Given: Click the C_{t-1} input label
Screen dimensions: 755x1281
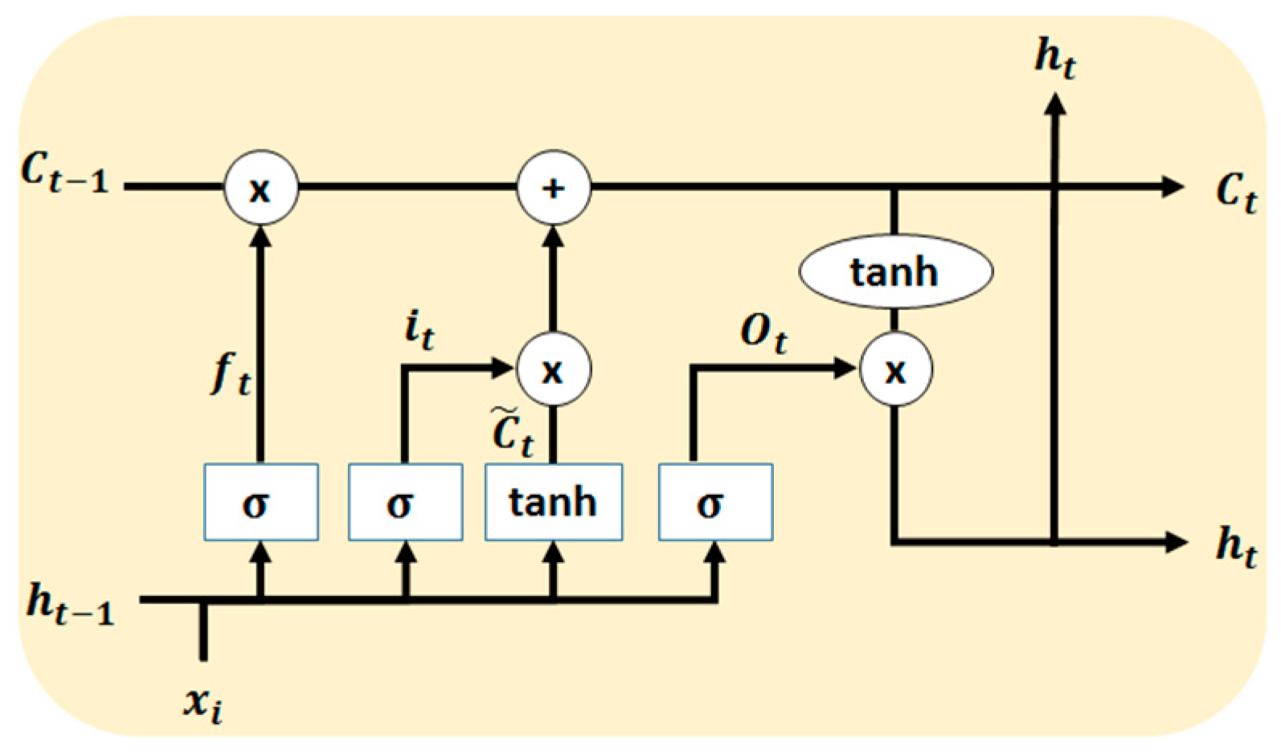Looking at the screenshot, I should (x=64, y=173).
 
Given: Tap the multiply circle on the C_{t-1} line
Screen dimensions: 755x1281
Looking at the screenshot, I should (x=260, y=189).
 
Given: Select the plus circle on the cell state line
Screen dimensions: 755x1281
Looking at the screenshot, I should (x=553, y=189).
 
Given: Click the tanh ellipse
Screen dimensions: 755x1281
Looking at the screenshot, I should (x=895, y=271).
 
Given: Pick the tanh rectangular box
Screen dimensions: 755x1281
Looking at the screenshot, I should (x=553, y=502).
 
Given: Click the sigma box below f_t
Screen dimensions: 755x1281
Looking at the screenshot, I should (x=260, y=502).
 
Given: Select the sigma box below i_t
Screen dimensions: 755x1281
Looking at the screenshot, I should (x=405, y=502).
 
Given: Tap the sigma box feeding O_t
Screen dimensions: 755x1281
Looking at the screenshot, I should (x=715, y=502).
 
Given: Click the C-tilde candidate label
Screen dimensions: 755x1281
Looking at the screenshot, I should (x=512, y=434).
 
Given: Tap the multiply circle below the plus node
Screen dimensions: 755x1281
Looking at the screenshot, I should (x=553, y=370).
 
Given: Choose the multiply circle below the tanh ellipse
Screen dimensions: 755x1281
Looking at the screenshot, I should (x=895, y=370).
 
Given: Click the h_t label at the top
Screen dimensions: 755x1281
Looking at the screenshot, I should (x=1054, y=58).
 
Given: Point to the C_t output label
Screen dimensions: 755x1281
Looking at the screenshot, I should (x=1236, y=193).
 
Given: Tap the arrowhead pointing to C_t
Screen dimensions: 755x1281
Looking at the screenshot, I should (x=1174, y=187).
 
